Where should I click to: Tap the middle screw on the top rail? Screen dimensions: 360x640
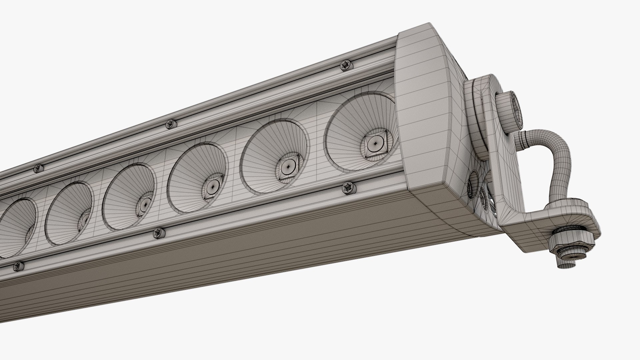click(x=171, y=124)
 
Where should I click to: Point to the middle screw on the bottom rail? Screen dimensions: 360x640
click(x=159, y=233)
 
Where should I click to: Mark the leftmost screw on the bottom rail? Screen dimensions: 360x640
click(x=18, y=266)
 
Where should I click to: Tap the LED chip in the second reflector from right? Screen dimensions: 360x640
click(x=287, y=168)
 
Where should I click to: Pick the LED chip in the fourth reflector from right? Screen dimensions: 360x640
click(x=146, y=204)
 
